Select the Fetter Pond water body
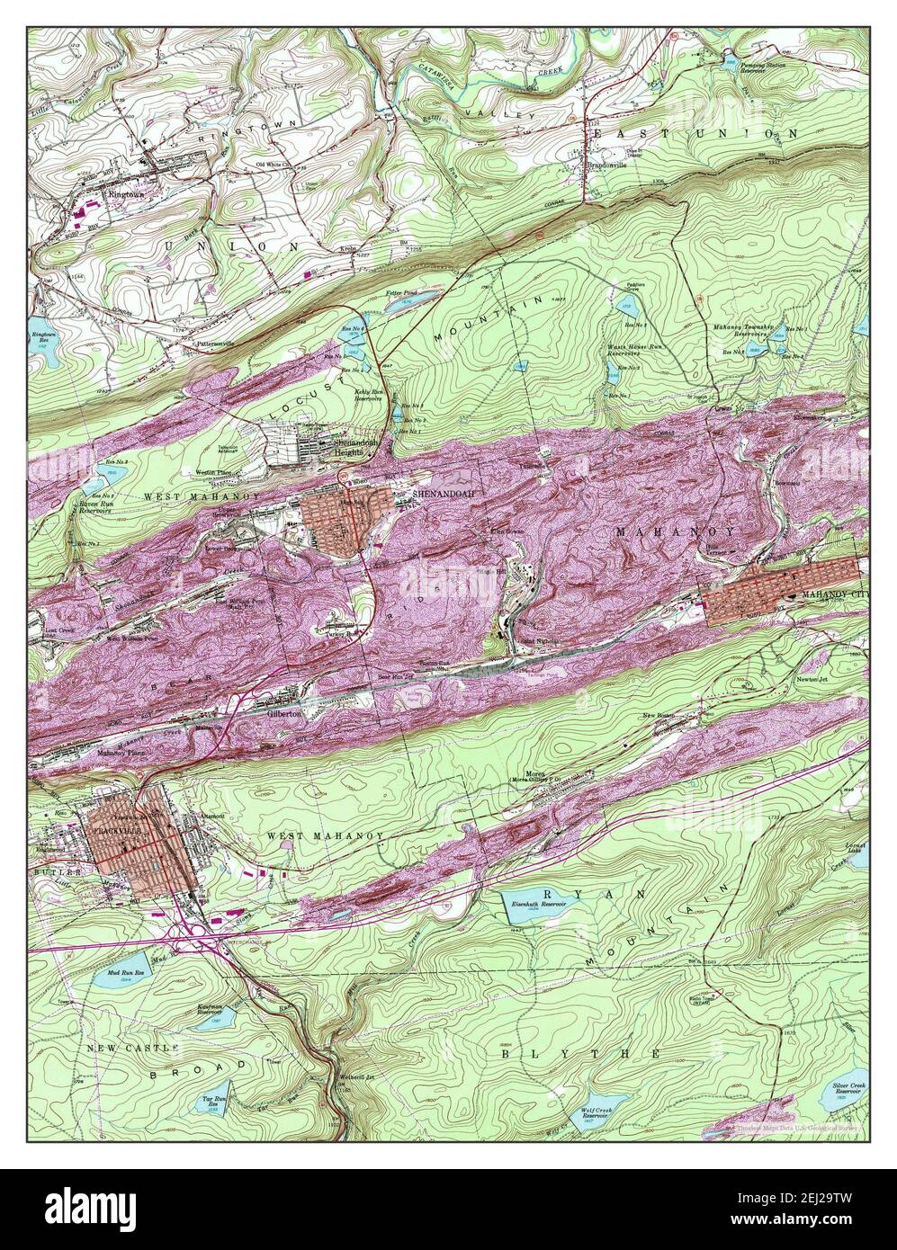coord(406,305)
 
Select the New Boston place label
coord(685,716)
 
